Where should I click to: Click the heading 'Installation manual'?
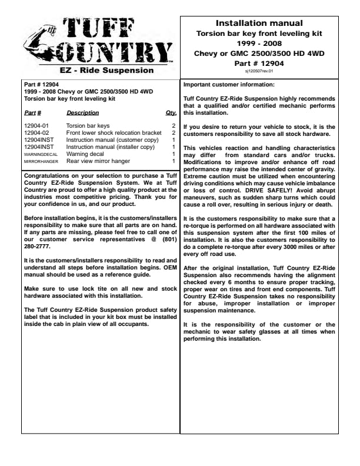[259, 24]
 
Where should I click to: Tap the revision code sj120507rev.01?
[259, 71]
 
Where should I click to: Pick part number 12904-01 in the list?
[36, 126]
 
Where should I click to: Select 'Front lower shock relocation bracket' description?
[114, 133]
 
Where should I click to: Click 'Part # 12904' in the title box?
[259, 62]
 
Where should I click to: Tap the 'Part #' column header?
[33, 112]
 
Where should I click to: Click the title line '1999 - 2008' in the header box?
[259, 44]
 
